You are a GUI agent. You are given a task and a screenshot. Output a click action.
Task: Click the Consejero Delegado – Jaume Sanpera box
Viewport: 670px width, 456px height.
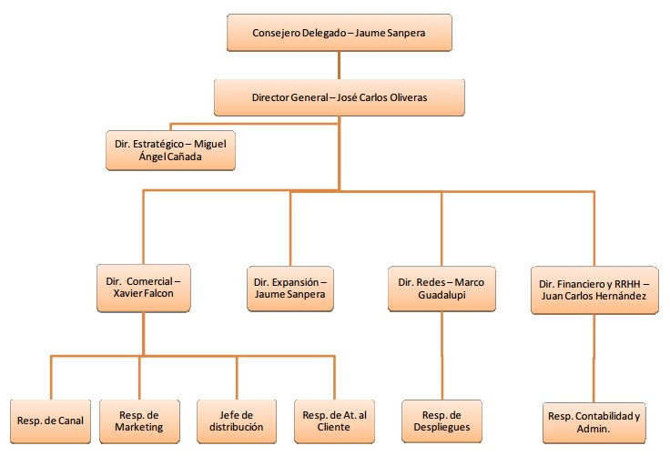(339, 35)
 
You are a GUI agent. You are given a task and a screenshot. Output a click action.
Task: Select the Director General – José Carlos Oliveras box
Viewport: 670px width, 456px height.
(339, 96)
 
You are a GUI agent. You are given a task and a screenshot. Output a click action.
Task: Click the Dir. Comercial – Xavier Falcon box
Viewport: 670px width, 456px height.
(144, 289)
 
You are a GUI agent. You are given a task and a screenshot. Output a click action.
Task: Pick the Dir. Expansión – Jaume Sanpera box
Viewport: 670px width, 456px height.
(290, 289)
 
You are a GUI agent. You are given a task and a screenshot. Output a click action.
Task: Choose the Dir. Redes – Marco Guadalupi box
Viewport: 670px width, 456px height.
(442, 289)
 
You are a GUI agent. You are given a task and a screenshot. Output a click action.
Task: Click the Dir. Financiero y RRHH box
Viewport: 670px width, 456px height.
(594, 289)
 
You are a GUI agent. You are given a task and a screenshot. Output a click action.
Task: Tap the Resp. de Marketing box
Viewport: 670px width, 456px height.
(141, 421)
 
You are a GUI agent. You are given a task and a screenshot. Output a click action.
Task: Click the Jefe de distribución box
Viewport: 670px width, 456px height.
(237, 421)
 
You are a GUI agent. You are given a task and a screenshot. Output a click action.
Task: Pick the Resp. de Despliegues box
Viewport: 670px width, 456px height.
(442, 421)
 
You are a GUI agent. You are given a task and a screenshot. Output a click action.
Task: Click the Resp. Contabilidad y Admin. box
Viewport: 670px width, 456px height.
(594, 421)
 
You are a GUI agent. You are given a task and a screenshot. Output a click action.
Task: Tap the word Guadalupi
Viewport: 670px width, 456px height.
(442, 298)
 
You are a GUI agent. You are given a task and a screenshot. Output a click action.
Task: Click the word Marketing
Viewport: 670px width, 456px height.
(141, 428)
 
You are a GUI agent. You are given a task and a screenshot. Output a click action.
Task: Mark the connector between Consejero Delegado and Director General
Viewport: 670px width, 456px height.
(339, 65)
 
